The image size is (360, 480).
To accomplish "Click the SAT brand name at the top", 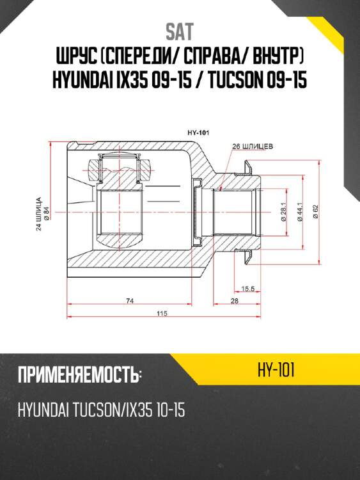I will point(180,32).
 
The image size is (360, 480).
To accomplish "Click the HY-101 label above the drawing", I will point(199,132).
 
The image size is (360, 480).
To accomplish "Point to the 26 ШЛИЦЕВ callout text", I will point(253,147).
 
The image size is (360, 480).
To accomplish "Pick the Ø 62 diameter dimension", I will point(315,212).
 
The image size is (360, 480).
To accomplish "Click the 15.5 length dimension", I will point(248,289).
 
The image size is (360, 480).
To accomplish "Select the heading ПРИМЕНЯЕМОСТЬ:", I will point(79,375).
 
